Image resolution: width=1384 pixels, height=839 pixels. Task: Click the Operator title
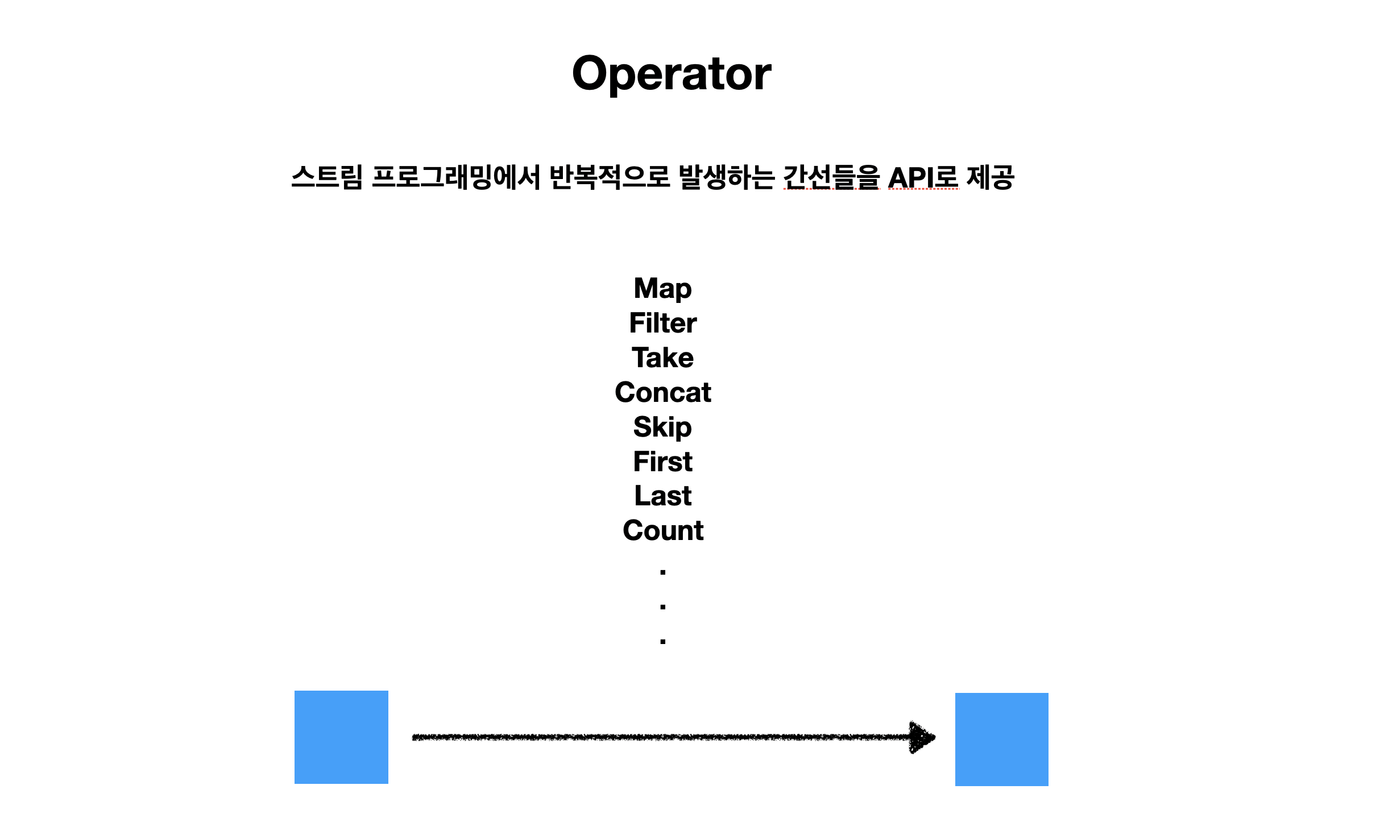point(672,74)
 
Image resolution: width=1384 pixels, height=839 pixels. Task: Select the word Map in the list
point(663,289)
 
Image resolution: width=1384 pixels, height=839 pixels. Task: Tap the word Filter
point(663,323)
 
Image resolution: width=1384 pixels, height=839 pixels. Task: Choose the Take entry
point(663,358)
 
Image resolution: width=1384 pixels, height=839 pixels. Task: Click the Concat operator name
point(663,392)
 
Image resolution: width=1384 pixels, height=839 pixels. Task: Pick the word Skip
point(663,427)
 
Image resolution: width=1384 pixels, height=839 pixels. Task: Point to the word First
point(663,462)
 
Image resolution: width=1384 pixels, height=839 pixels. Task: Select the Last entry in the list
point(663,496)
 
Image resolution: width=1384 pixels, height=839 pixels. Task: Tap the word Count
point(663,530)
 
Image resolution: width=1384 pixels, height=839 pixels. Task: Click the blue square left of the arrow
point(341,737)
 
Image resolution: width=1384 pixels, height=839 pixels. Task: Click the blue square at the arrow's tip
point(1002,740)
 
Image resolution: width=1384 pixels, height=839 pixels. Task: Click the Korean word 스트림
point(327,177)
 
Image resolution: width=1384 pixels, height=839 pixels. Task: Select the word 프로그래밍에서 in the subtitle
point(456,177)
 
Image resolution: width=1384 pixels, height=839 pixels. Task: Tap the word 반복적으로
point(610,177)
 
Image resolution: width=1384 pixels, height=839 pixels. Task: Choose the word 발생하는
point(727,177)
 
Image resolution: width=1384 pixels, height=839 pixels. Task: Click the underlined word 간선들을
point(832,177)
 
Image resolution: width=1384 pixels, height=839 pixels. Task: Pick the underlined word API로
point(923,177)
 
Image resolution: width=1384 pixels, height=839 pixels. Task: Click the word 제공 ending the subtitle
point(991,177)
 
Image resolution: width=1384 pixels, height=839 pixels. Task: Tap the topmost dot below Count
point(663,572)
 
